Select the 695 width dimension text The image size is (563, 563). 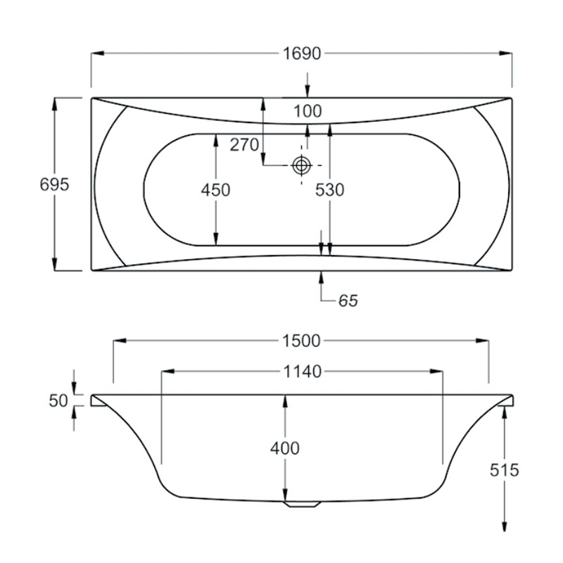pos(55,184)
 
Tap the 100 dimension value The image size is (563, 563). pos(307,111)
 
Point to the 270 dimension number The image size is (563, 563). pos(244,146)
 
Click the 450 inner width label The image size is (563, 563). pos(215,190)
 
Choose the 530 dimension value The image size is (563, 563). pos(329,190)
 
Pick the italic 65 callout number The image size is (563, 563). pos(348,301)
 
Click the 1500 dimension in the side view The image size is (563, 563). pos(302,341)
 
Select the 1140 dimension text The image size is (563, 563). pos(302,372)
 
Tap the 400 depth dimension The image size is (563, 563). pos(284,448)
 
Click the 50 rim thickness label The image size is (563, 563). pos(58,401)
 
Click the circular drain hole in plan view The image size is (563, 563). pos(302,165)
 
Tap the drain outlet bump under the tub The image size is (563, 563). pos(301,504)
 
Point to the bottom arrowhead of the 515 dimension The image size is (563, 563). pos(504,528)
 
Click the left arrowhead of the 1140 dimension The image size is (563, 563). pos(167,372)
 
